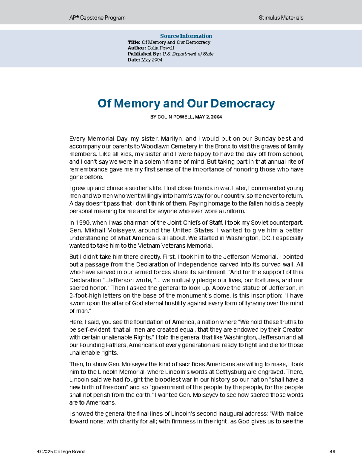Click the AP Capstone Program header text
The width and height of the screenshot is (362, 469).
coord(97,18)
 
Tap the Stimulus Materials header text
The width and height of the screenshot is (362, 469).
coord(281,18)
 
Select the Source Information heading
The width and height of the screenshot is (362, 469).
coord(186,36)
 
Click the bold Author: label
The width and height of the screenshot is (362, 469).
coord(137,48)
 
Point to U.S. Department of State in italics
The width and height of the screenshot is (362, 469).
coord(188,54)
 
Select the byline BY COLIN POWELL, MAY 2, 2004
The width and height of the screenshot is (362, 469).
coord(186,117)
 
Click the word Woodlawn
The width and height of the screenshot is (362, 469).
coord(155,146)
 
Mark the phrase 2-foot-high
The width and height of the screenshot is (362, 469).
coord(85,296)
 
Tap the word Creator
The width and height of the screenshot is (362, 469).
coord(292,329)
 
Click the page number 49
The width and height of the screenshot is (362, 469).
coord(332,452)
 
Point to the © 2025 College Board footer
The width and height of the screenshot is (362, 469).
coord(61,452)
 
